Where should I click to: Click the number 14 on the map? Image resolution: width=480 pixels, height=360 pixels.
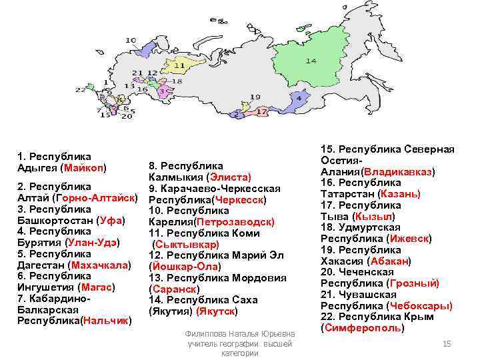[311, 61]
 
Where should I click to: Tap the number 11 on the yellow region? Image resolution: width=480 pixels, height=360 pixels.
[180, 66]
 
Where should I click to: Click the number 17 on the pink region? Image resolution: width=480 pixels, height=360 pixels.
[263, 111]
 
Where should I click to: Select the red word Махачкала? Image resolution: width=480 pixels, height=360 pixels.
[99, 265]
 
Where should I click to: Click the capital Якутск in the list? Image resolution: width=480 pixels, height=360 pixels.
[217, 311]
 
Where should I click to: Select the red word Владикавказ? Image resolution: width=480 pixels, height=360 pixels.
[397, 171]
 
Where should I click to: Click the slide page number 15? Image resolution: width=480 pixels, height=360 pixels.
[447, 343]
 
